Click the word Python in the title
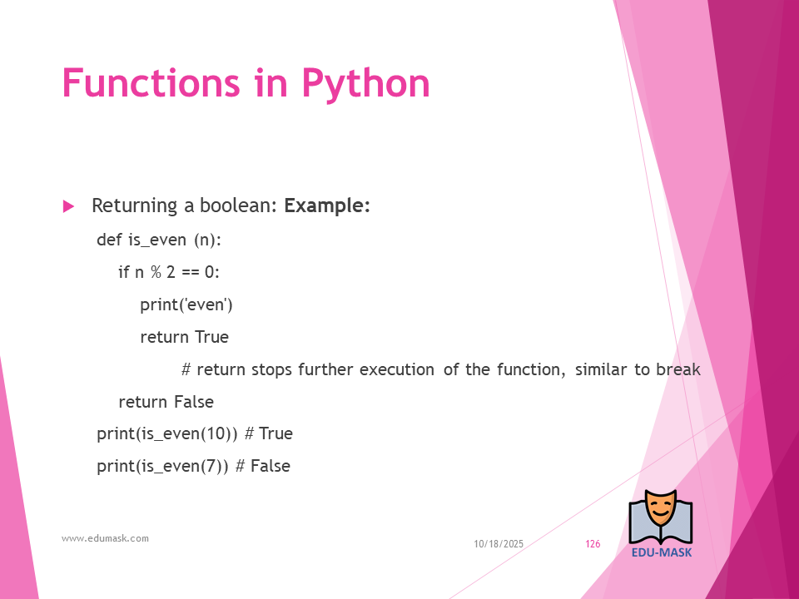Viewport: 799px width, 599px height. pyautogui.click(x=366, y=85)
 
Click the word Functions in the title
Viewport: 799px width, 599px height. pyautogui.click(x=151, y=82)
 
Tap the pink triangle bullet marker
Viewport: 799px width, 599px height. pyautogui.click(x=68, y=206)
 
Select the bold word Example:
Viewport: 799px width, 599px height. pyautogui.click(x=326, y=205)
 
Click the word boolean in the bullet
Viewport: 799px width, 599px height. pyautogui.click(x=238, y=205)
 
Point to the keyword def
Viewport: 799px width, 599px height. pyautogui.click(x=109, y=239)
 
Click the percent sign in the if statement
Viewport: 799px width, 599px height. pyautogui.click(x=156, y=272)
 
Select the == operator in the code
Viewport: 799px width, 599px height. pyautogui.click(x=190, y=273)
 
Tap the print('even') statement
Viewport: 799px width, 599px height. pyautogui.click(x=186, y=304)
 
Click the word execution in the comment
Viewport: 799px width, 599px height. pyautogui.click(x=397, y=369)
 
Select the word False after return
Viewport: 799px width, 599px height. pyautogui.click(x=194, y=401)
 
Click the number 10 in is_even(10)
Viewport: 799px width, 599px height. pyautogui.click(x=216, y=433)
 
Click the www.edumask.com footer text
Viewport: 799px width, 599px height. pyautogui.click(x=105, y=538)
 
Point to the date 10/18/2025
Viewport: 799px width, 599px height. pyautogui.click(x=499, y=544)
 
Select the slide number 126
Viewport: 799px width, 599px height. pyautogui.click(x=593, y=544)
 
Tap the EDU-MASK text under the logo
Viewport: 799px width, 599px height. pyautogui.click(x=662, y=552)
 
